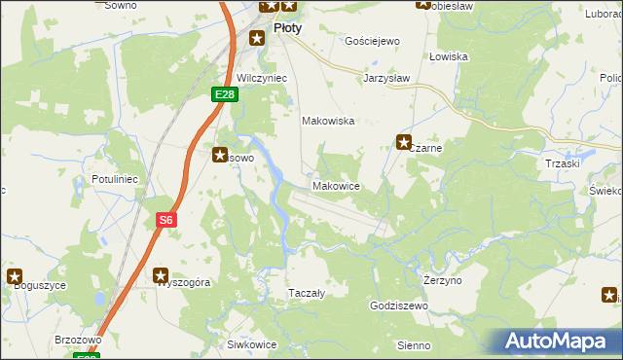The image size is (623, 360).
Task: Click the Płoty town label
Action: coord(287,28)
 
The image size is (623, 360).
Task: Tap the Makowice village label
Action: coord(337,185)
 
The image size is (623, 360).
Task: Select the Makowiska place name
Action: coord(327,122)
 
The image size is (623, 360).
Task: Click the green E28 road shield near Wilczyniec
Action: coord(225,93)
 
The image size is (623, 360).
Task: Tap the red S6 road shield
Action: coord(166,220)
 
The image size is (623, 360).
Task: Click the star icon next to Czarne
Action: coord(404,143)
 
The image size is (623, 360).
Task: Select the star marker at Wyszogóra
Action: coord(161,276)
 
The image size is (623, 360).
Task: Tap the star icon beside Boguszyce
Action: coord(15,276)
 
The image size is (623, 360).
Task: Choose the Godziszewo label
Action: coord(399,305)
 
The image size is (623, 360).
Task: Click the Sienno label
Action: coord(415,344)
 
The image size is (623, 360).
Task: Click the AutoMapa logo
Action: coord(562,342)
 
